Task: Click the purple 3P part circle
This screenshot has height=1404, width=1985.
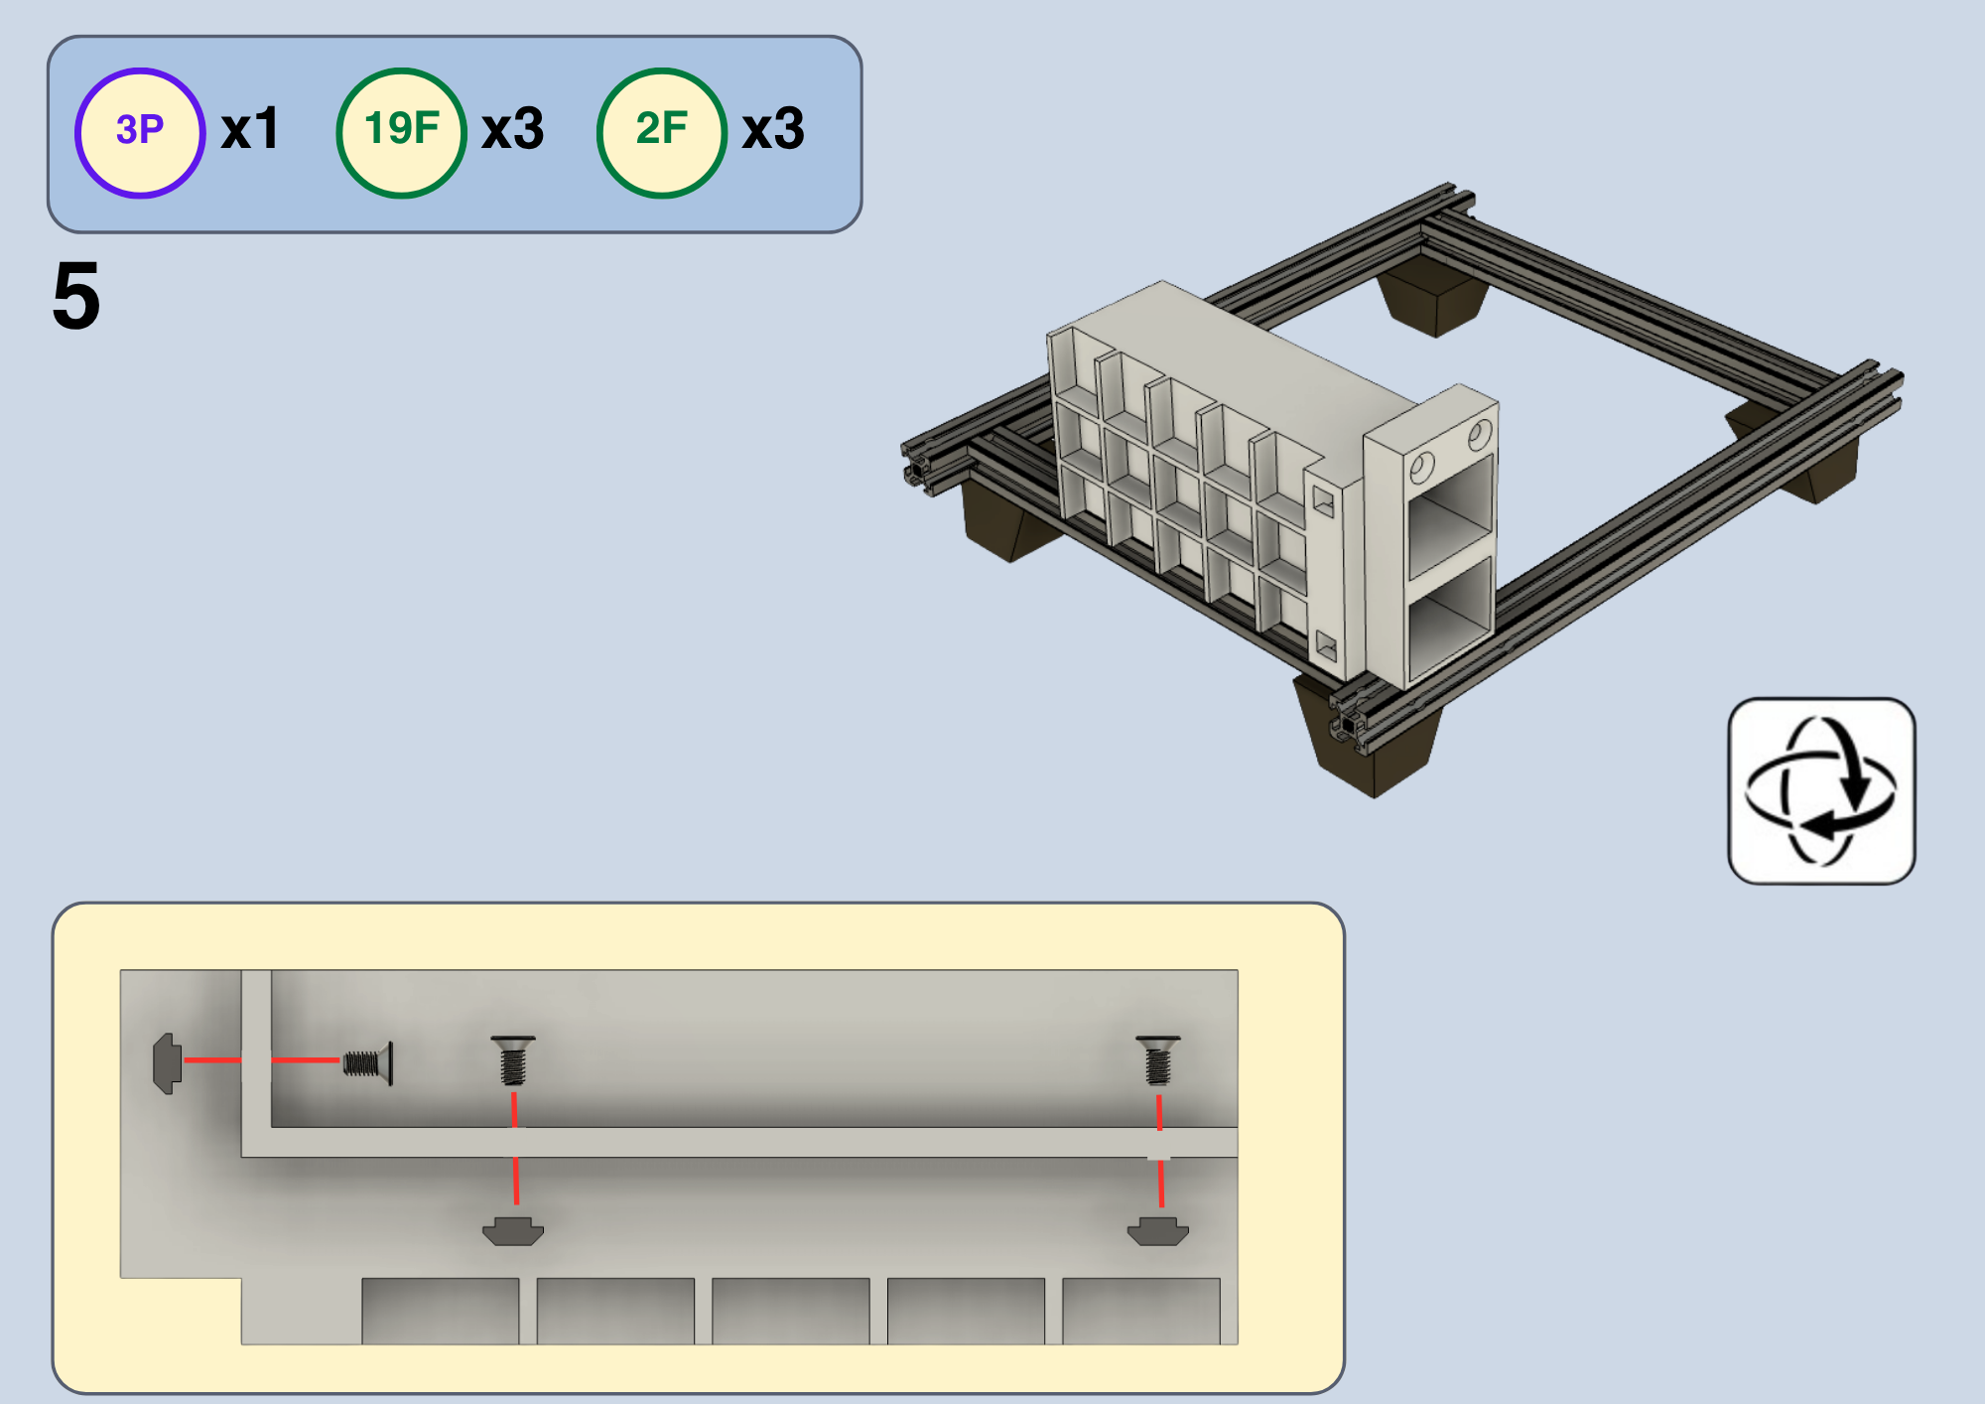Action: pyautogui.click(x=140, y=132)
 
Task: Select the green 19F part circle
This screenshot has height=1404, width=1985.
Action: pyautogui.click(x=401, y=132)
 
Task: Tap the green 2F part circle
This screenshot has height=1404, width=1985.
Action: pyautogui.click(x=662, y=132)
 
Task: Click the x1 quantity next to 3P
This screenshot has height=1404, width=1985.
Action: pyautogui.click(x=250, y=130)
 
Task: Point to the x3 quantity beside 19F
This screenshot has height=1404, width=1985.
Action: pyautogui.click(x=512, y=130)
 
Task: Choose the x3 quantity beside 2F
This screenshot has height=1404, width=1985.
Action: pyautogui.click(x=773, y=130)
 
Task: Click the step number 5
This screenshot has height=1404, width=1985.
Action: pyautogui.click(x=76, y=296)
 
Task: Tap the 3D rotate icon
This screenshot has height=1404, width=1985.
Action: pyautogui.click(x=1821, y=790)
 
